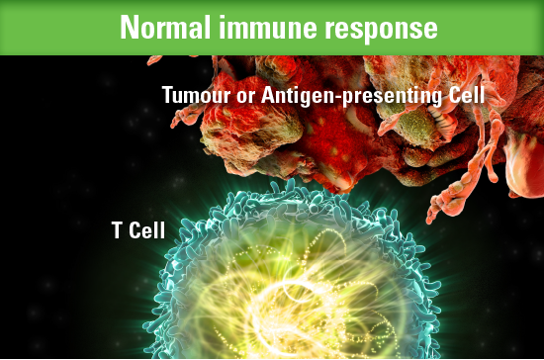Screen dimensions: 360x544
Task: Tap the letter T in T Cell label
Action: [117, 231]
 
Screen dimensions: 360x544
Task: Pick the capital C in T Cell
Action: [134, 231]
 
